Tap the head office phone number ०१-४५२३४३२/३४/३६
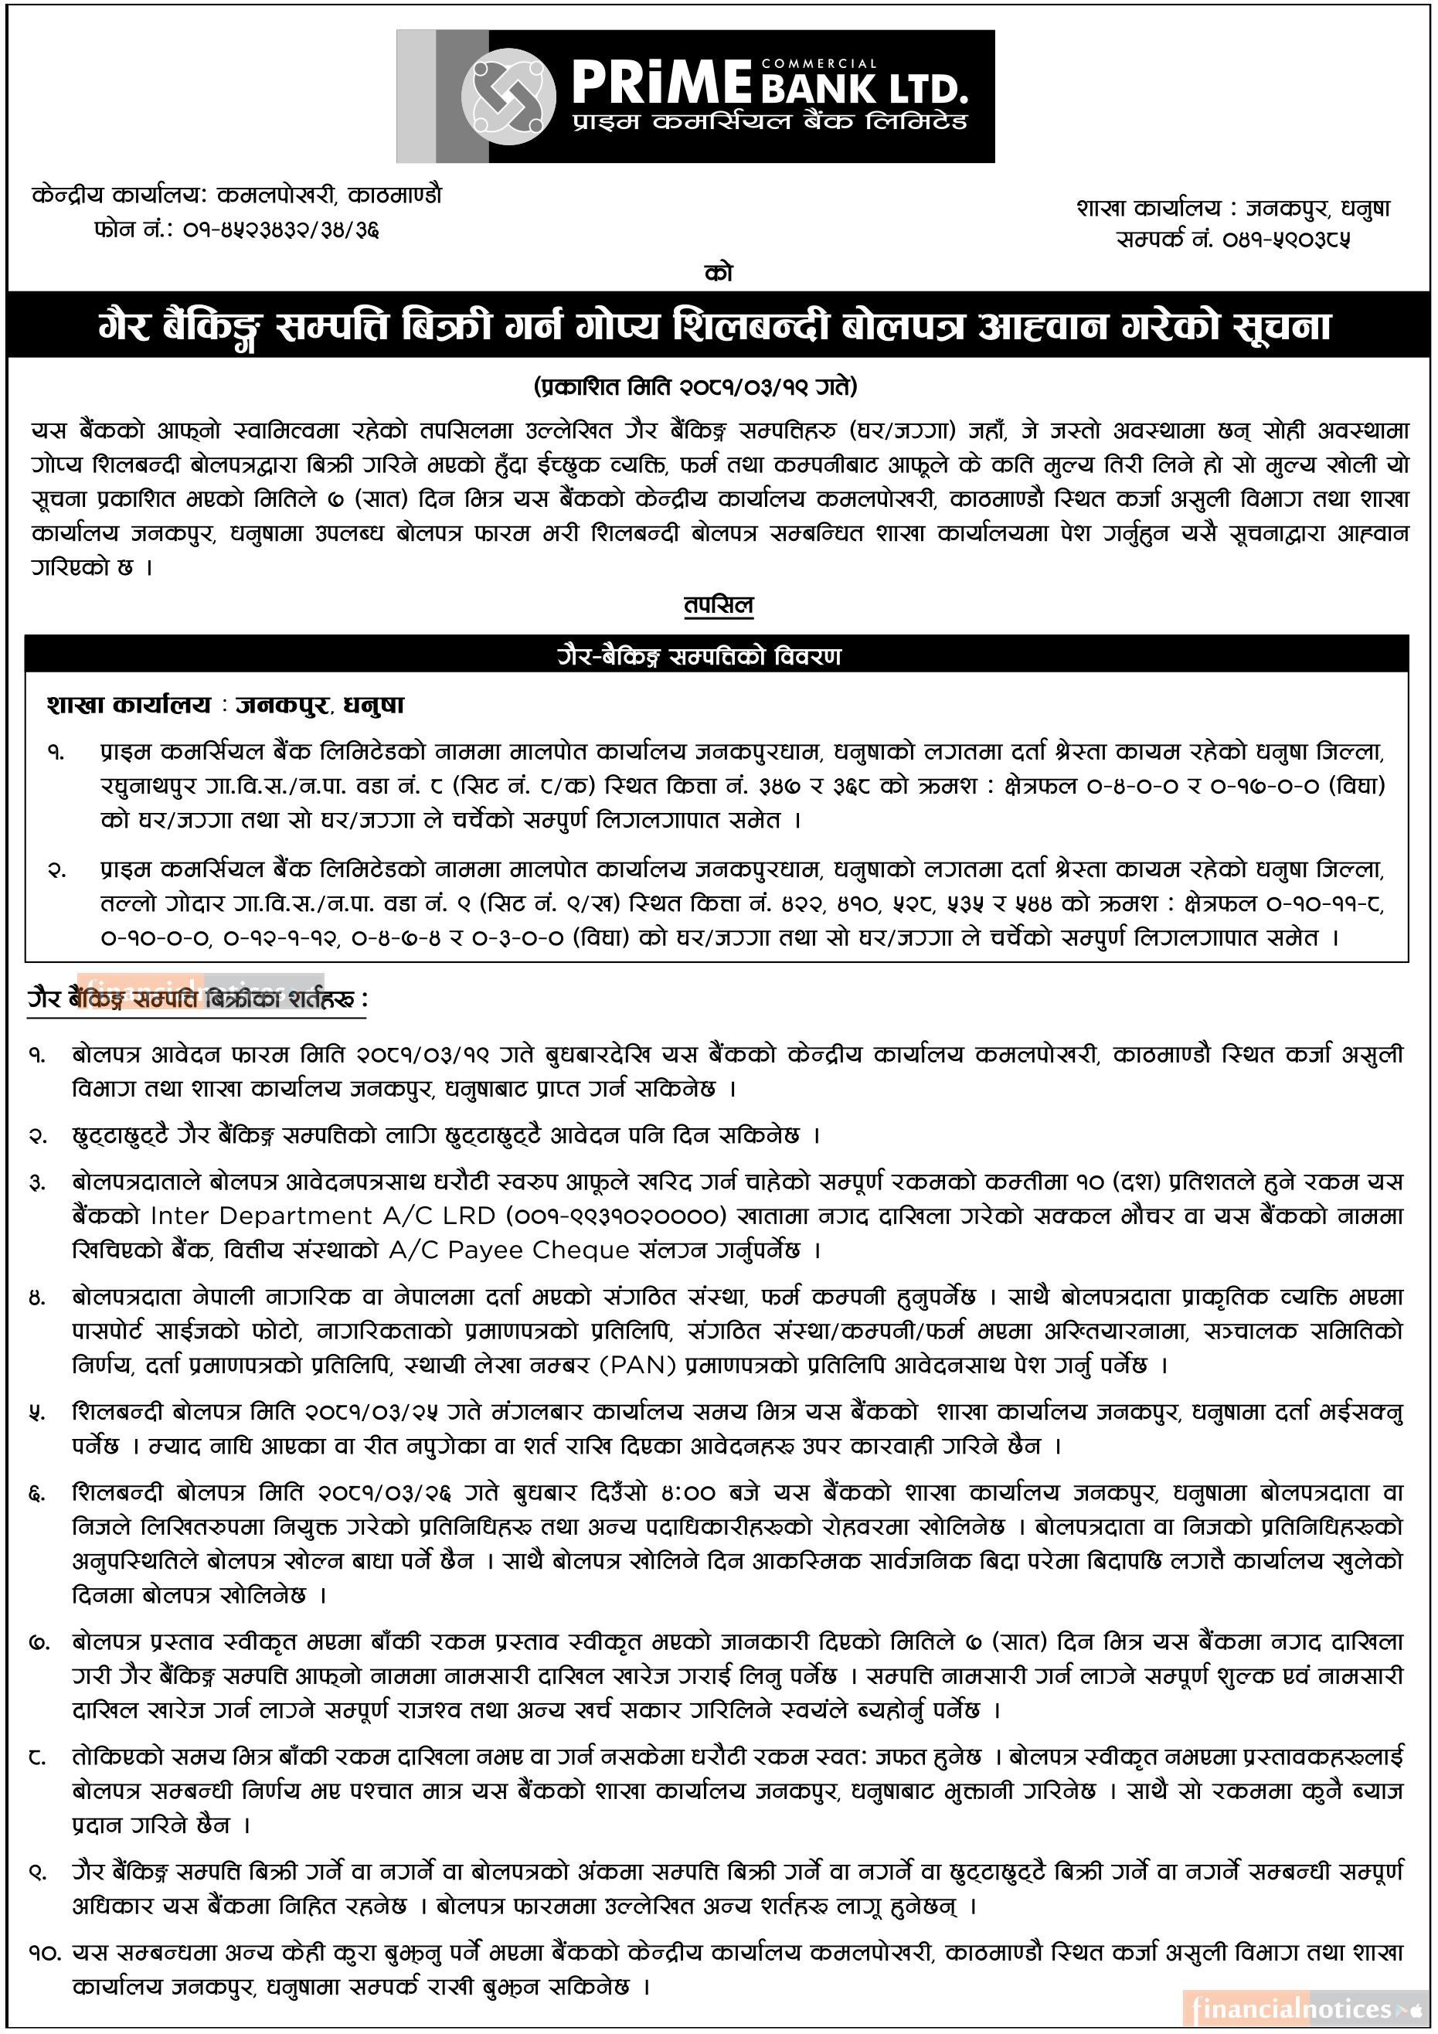(282, 231)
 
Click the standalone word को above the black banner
(719, 274)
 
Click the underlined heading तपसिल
(719, 606)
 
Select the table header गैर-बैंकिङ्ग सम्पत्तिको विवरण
(719, 656)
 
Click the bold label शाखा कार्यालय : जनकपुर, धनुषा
(225, 705)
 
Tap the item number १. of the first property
(56, 752)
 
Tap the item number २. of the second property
(56, 870)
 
